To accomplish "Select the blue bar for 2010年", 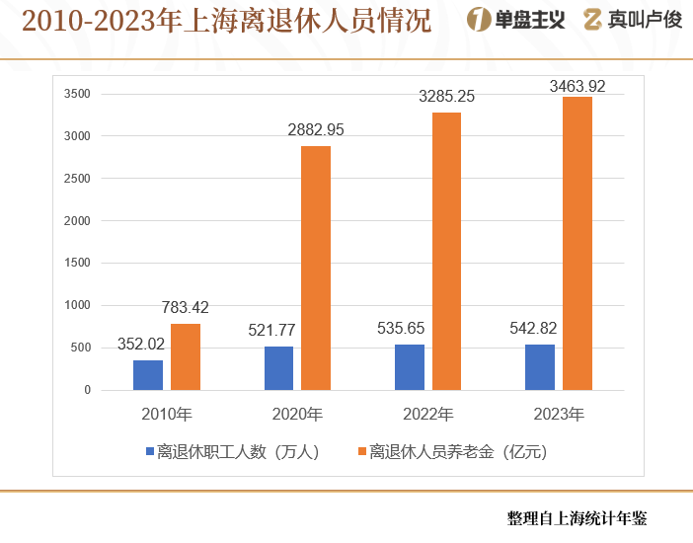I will click(x=148, y=375).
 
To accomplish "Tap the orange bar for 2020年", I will click(x=316, y=268).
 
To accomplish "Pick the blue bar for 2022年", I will click(x=410, y=367).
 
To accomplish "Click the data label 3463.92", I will click(x=577, y=87).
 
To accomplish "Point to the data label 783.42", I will click(x=186, y=308).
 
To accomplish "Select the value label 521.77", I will click(x=271, y=330).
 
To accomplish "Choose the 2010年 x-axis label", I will click(x=167, y=413).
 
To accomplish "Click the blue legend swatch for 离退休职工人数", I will click(x=150, y=452).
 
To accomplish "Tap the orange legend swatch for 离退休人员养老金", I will click(x=362, y=452).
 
